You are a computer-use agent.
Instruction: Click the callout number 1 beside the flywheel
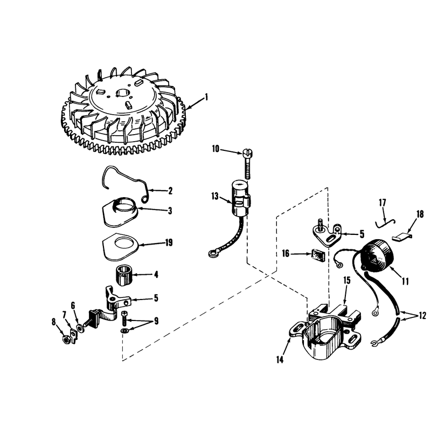tap(206, 98)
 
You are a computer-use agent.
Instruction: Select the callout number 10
tap(216, 149)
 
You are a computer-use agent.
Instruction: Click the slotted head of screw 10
tap(248, 152)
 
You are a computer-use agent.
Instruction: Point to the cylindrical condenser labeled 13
tap(241, 198)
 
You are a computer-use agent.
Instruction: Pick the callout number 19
tap(169, 243)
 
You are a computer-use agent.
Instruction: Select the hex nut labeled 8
tap(66, 340)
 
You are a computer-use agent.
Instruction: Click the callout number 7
tap(64, 314)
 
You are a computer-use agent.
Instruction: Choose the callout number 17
tap(383, 203)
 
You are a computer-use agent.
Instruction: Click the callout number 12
tap(422, 316)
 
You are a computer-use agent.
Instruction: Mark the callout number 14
tap(280, 359)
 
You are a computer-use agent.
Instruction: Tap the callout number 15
tap(347, 280)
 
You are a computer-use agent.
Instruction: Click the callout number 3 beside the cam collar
tap(170, 211)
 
